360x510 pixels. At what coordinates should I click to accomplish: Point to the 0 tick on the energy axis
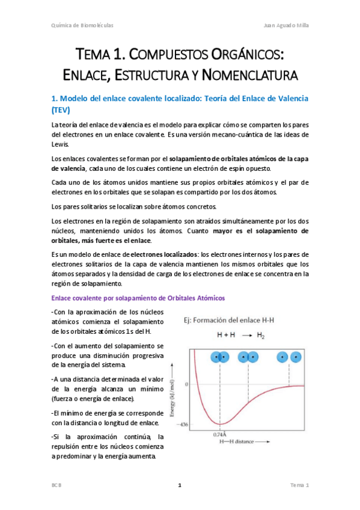186,384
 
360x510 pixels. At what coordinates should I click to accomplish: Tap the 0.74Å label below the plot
220,434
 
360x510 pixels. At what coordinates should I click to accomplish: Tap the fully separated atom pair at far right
288,357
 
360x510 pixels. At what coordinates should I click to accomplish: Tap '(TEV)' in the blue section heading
61,110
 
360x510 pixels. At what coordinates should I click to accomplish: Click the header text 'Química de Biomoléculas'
82,25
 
